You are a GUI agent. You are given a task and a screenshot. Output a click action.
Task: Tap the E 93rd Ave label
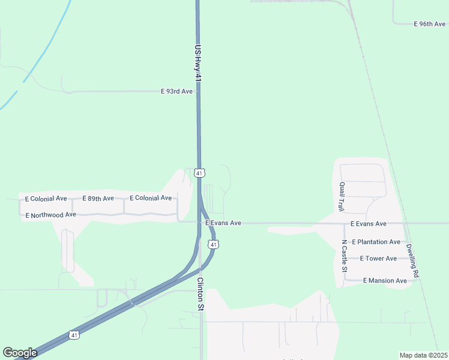click(x=176, y=91)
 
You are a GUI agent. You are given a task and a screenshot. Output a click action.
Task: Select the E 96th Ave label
click(x=430, y=24)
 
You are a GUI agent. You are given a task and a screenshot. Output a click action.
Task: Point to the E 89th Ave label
click(x=98, y=199)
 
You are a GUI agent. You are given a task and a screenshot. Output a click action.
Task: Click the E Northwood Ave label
click(x=50, y=214)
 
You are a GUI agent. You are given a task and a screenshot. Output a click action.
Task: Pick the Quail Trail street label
click(x=341, y=197)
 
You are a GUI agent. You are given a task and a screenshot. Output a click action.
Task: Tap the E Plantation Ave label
click(x=376, y=242)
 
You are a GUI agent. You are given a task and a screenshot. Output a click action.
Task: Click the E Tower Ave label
click(x=378, y=259)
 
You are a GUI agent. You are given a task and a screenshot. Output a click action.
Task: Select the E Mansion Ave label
click(x=385, y=280)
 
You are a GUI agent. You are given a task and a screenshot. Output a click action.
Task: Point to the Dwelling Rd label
click(x=412, y=259)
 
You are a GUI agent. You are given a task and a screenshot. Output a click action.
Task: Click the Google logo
click(x=20, y=353)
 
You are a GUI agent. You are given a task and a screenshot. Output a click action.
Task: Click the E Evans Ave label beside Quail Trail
click(x=369, y=224)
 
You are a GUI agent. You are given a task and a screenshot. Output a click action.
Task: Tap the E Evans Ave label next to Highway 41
click(x=223, y=223)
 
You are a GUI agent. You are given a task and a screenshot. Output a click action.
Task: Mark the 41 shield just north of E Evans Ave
click(x=200, y=173)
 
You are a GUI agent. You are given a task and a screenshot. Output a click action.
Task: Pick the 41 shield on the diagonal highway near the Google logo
click(x=73, y=334)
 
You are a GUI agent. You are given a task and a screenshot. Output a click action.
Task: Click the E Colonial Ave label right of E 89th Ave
click(x=151, y=198)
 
